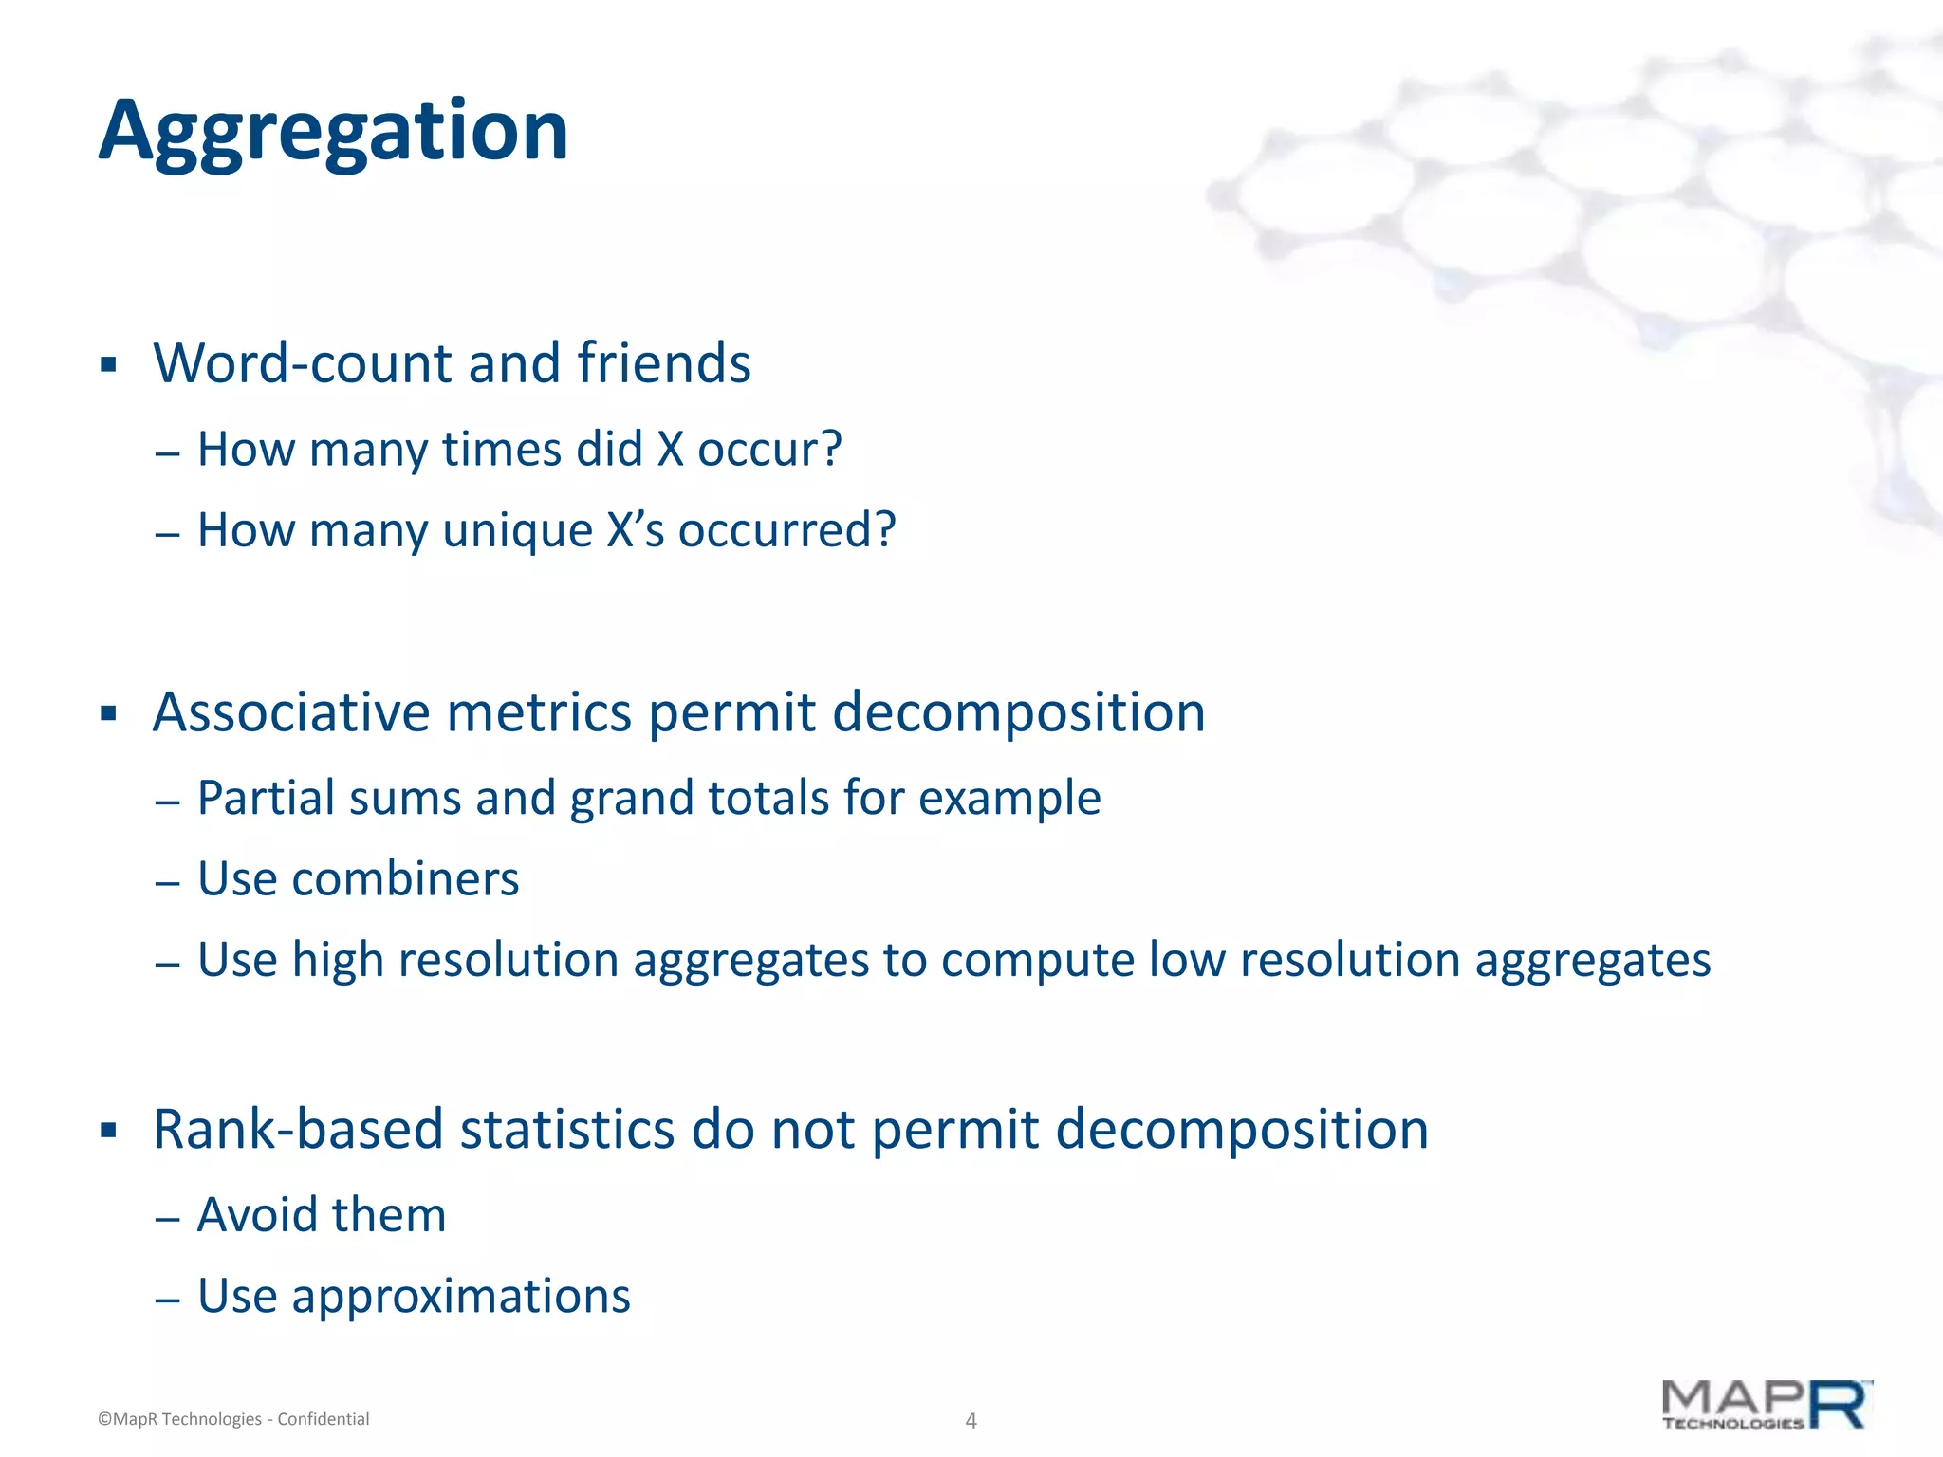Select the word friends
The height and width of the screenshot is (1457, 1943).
tap(663, 363)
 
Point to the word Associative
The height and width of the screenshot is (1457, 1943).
tap(290, 712)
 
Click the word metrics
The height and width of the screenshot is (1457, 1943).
tap(538, 712)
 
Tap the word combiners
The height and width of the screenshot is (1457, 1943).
tap(405, 879)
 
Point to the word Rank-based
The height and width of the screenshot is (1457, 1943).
tap(298, 1130)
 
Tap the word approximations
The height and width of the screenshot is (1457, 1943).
tap(461, 1297)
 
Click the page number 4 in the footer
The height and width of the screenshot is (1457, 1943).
tap(971, 1420)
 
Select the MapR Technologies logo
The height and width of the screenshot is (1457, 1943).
tap(1766, 1405)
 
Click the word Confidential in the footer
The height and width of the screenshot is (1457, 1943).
tap(323, 1419)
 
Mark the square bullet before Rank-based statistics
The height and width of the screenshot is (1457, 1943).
tap(108, 1131)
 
